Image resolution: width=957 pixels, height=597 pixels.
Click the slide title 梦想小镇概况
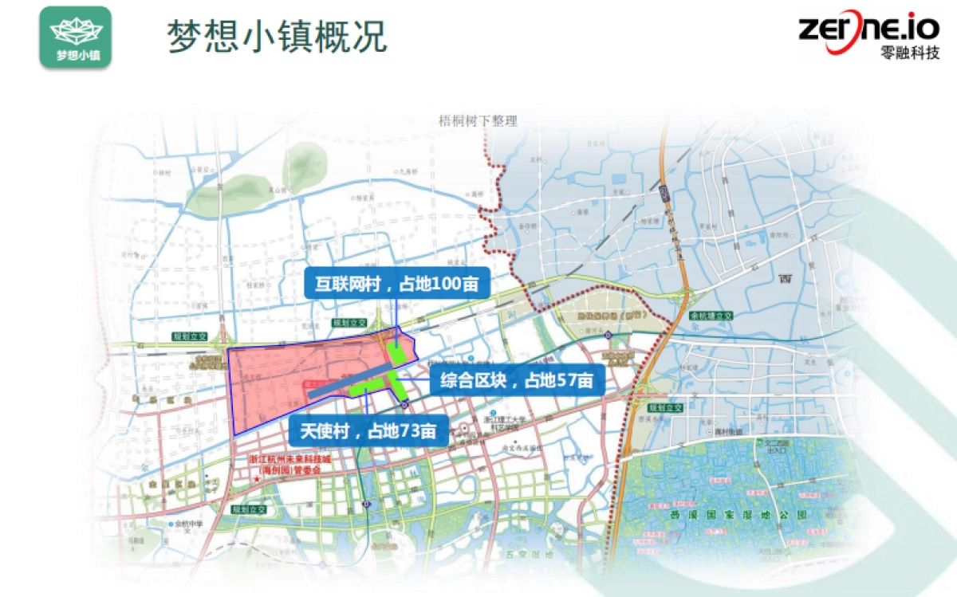pos(278,36)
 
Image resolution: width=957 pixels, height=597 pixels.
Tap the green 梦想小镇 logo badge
pos(75,37)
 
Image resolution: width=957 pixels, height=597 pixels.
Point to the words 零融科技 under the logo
pos(910,53)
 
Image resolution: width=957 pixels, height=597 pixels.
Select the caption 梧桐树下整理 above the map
pos(478,121)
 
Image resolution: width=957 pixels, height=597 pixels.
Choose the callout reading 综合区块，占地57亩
pos(517,380)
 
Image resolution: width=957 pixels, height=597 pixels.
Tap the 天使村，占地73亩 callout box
pos(368,432)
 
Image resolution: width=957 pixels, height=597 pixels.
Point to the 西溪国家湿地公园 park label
pos(738,515)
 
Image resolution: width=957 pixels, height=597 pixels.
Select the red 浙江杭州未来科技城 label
pos(289,460)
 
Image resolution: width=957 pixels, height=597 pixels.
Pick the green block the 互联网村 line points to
pos(396,353)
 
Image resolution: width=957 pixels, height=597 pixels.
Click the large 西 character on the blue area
pos(785,279)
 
